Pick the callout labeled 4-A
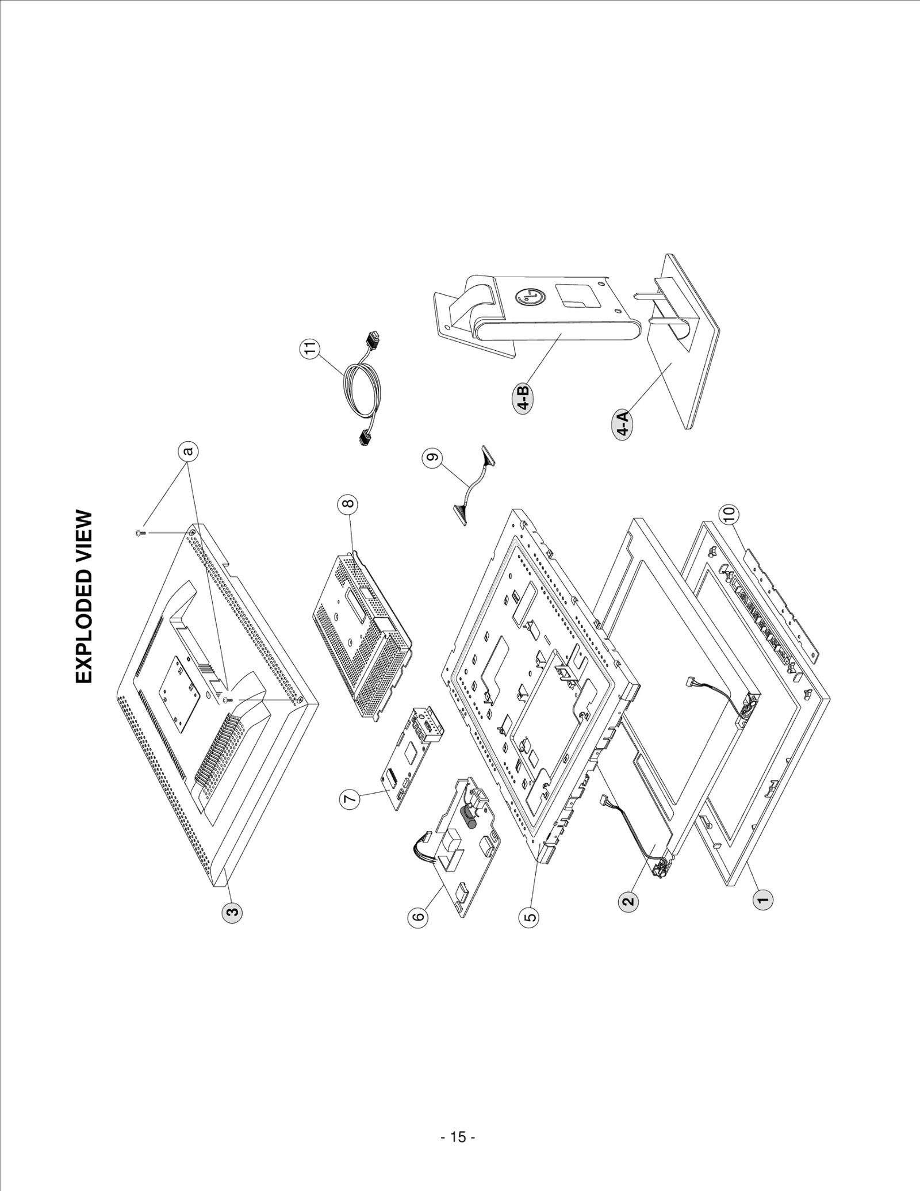click(x=623, y=424)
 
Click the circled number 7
click(x=350, y=798)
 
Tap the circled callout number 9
click(x=432, y=458)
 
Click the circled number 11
click(x=311, y=349)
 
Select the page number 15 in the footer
click(x=458, y=1137)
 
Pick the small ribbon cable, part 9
click(x=473, y=485)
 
